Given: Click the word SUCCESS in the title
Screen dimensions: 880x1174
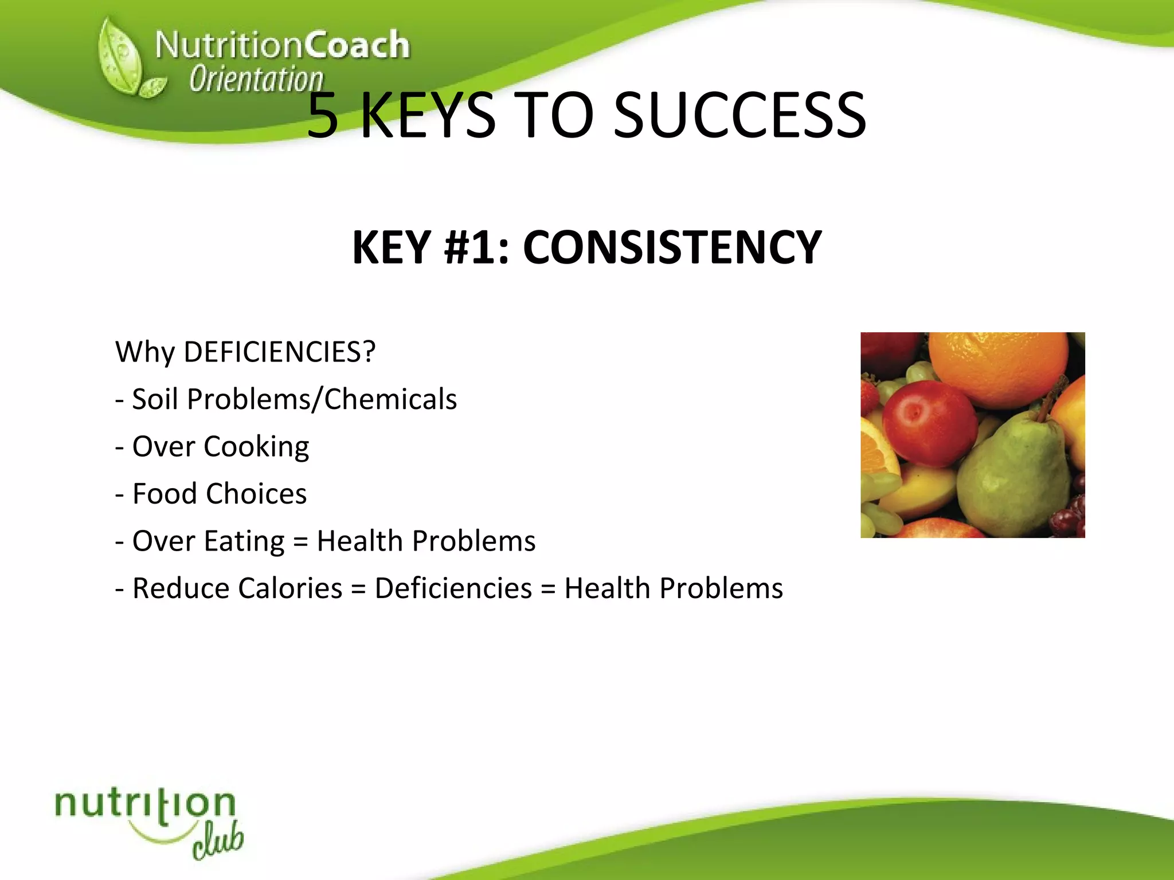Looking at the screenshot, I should [739, 116].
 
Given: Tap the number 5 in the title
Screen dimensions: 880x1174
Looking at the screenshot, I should [323, 116].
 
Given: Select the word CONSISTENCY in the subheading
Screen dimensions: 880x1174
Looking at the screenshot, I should [672, 247].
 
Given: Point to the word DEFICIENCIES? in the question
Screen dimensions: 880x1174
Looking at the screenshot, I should [279, 352].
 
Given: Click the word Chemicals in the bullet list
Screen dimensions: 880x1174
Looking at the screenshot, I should [390, 399].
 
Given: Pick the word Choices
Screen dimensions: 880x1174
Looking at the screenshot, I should [256, 494].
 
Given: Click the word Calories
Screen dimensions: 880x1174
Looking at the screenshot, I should [290, 588].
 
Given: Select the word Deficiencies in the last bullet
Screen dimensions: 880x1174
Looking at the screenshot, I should [453, 588].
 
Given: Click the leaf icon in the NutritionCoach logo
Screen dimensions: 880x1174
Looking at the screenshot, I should [123, 60].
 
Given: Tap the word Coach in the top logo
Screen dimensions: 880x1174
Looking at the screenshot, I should [357, 45].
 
